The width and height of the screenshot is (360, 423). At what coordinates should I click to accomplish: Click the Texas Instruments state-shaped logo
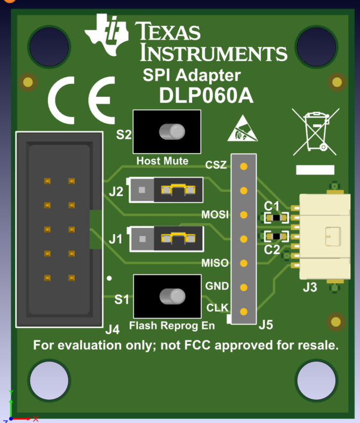click(108, 35)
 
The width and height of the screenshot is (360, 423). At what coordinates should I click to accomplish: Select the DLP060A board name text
click(206, 95)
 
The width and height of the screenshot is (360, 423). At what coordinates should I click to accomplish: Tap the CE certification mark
click(81, 99)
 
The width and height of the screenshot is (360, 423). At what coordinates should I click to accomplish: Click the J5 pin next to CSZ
click(244, 167)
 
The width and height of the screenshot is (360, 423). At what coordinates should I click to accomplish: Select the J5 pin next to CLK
click(244, 311)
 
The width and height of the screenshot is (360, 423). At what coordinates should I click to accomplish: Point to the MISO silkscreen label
click(215, 263)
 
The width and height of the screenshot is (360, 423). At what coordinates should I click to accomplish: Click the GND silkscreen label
click(217, 286)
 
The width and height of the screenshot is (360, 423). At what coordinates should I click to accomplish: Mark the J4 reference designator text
click(112, 329)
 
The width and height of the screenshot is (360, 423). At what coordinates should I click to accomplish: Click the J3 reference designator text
click(309, 288)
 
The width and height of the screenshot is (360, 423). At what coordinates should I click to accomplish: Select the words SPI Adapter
click(192, 75)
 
